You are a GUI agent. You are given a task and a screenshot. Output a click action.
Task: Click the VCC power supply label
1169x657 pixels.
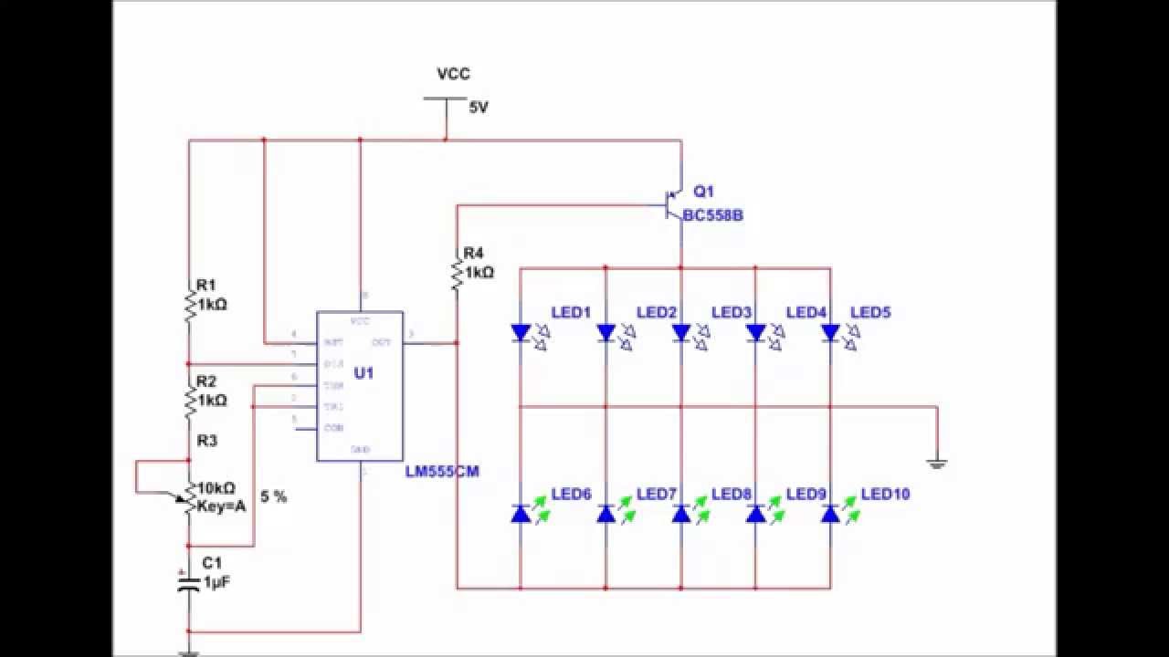point(454,75)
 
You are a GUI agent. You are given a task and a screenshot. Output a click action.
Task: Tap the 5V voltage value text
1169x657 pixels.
point(479,107)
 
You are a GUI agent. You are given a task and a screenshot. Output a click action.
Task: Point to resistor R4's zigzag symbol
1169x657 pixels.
point(457,273)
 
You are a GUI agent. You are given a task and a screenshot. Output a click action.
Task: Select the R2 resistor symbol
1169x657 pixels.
point(189,400)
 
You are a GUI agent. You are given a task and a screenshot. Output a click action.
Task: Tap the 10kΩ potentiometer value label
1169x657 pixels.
point(216,487)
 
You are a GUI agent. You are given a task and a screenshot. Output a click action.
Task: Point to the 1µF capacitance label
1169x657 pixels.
point(217,581)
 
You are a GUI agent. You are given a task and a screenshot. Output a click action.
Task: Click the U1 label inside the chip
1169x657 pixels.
point(363,372)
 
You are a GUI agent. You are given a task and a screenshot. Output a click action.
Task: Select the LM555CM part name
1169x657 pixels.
point(442,472)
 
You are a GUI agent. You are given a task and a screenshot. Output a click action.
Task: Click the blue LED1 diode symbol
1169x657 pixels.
point(521,333)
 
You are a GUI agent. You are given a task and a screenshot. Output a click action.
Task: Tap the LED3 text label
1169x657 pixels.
point(731,313)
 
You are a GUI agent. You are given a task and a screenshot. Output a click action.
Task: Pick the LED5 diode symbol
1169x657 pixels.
point(830,333)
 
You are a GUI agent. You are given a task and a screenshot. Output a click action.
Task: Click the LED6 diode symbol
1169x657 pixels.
point(521,514)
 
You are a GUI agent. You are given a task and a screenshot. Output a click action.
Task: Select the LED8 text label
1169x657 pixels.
point(731,495)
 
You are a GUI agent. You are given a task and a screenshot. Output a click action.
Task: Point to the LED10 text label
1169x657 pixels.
point(885,495)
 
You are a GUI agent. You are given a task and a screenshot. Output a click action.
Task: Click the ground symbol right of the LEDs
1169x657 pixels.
point(937,463)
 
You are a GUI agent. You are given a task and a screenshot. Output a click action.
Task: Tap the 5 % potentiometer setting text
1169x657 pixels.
point(273,497)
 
